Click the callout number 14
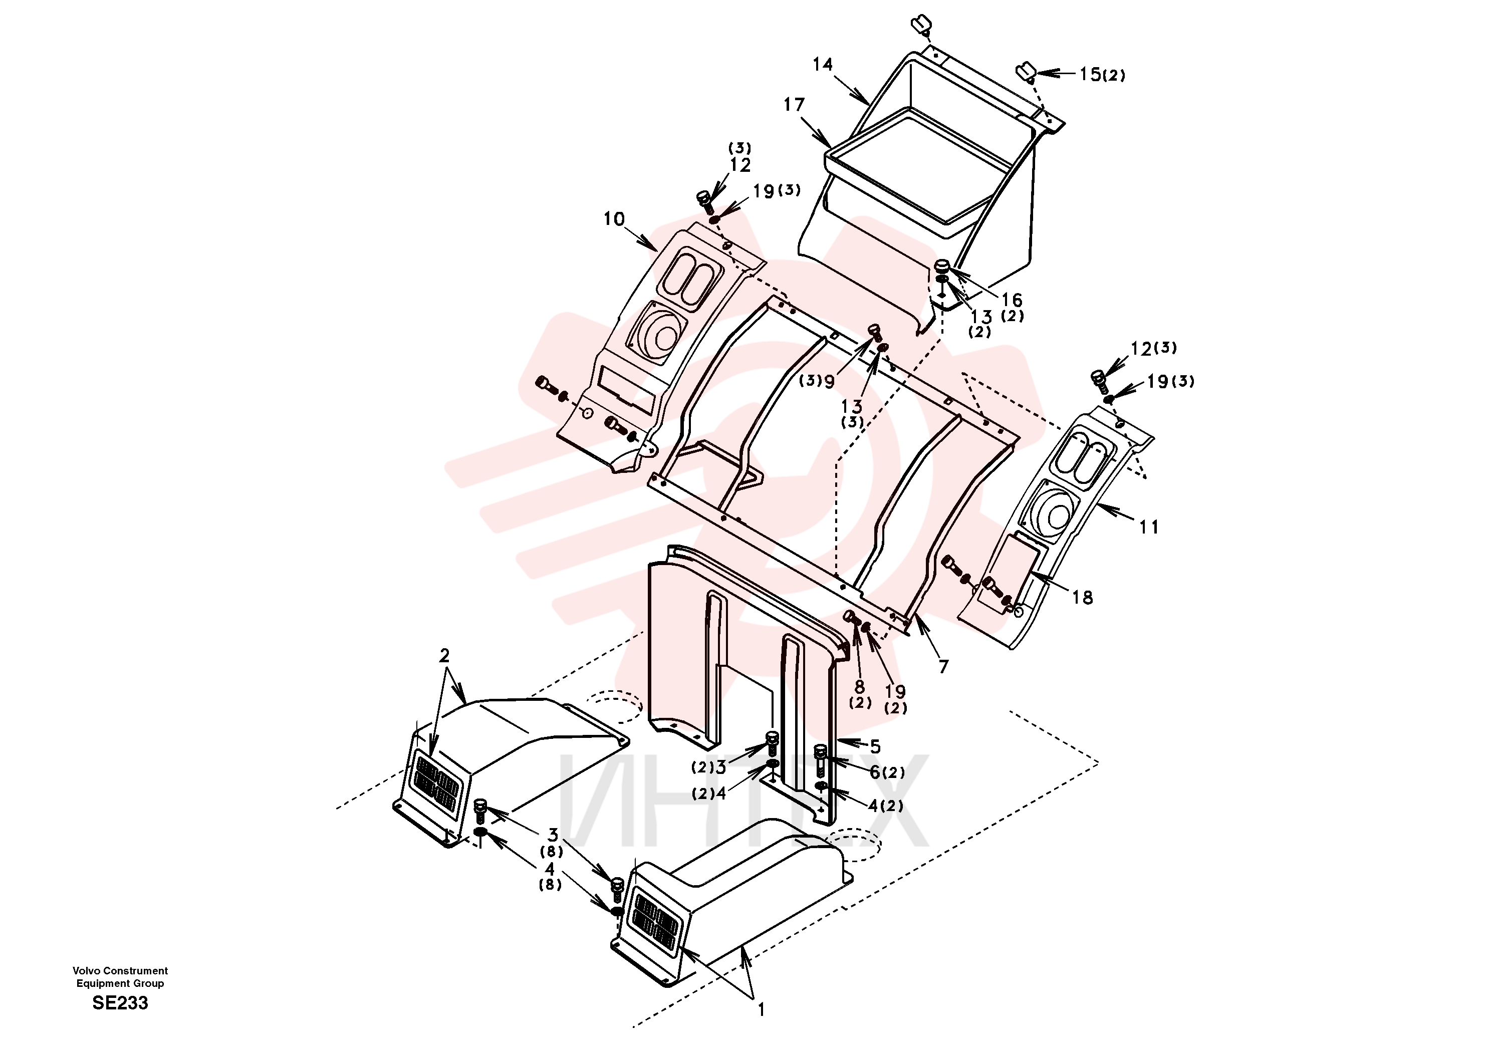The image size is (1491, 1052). [823, 64]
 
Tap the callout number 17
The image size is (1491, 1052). [794, 105]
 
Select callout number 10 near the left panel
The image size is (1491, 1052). [614, 219]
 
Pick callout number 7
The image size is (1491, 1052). [943, 666]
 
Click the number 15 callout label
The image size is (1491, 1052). [1090, 74]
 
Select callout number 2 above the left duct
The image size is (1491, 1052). [444, 656]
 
